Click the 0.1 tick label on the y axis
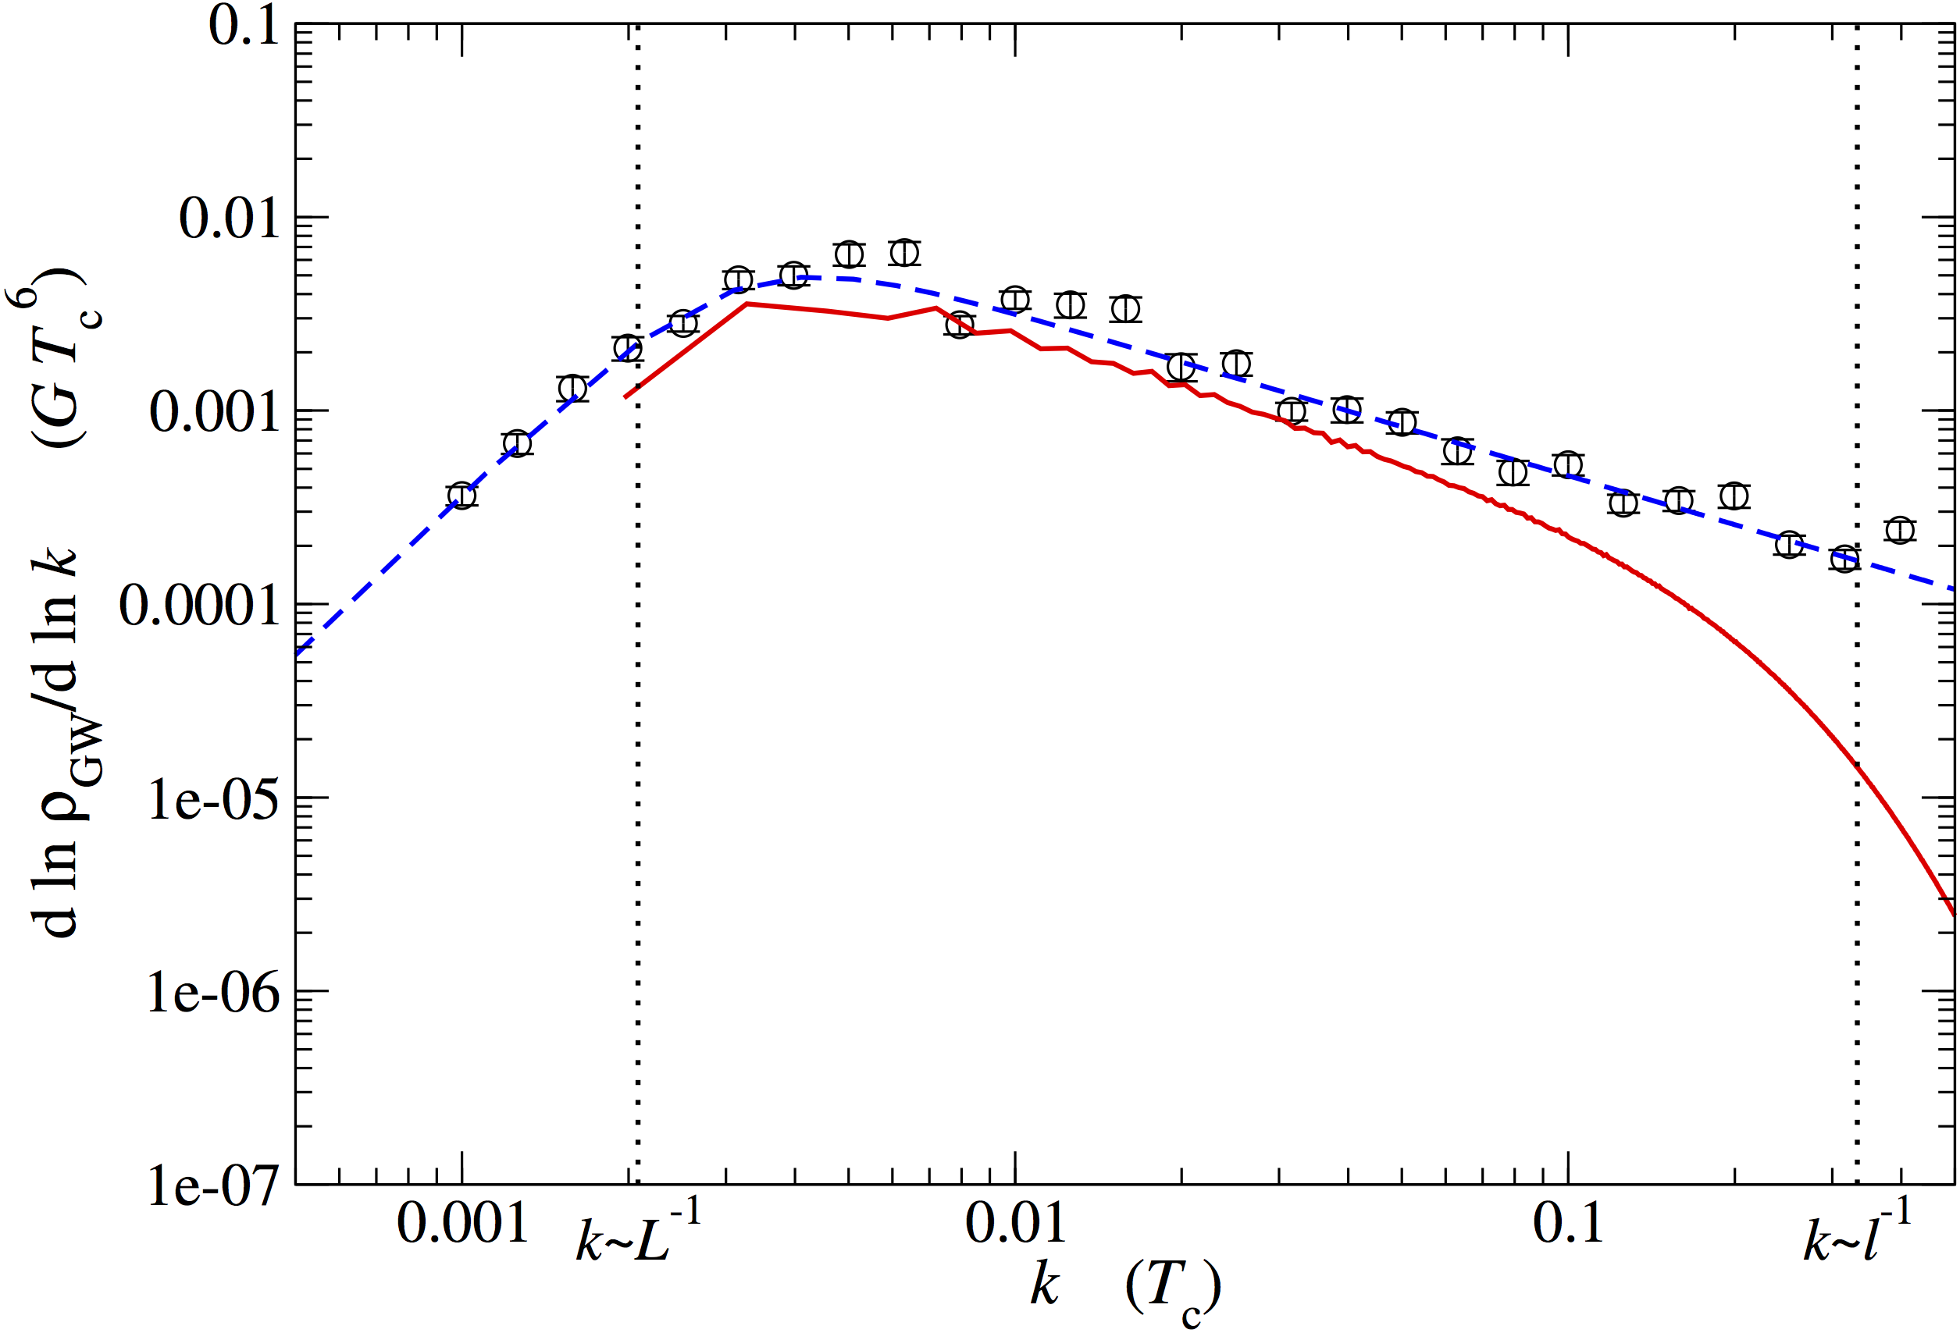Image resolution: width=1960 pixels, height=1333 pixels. pyautogui.click(x=244, y=25)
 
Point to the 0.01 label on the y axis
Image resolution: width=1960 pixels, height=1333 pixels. pyautogui.click(x=230, y=219)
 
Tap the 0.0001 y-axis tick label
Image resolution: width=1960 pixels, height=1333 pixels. pyautogui.click(x=199, y=605)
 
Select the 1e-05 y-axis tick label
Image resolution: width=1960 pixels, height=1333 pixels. pyautogui.click(x=213, y=798)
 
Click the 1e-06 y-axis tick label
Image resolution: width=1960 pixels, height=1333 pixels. pyautogui.click(x=213, y=993)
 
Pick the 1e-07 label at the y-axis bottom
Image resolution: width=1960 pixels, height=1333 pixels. pyautogui.click(x=213, y=1185)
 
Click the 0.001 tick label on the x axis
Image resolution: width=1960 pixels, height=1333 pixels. pyautogui.click(x=462, y=1224)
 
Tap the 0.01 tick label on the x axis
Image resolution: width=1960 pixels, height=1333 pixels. pyautogui.click(x=1015, y=1224)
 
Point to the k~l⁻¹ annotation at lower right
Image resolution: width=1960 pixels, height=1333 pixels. pyautogui.click(x=1856, y=1232)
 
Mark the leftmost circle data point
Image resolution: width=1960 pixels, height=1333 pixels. pyautogui.click(x=461, y=496)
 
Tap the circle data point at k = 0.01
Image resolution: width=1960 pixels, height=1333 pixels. pyautogui.click(x=1015, y=300)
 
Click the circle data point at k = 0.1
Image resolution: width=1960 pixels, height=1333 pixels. pyautogui.click(x=1568, y=464)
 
